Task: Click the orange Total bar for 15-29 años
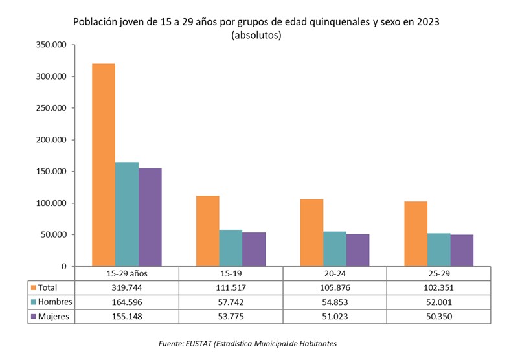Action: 104,164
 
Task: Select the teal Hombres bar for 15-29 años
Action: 127,214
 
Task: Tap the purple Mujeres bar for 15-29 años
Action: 150,217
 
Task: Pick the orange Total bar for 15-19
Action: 207,231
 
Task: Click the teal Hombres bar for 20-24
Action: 335,249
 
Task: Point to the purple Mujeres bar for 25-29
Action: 462,250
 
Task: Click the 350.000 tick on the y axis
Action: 51,45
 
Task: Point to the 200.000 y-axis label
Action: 51,140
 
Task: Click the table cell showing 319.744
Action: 127,287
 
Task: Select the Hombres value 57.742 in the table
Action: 231,302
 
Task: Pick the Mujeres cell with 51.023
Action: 335,317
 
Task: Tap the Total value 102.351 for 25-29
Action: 438,287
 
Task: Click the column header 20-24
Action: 335,273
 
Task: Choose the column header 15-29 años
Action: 127,273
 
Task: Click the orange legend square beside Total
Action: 34,287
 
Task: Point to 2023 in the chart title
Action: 428,21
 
